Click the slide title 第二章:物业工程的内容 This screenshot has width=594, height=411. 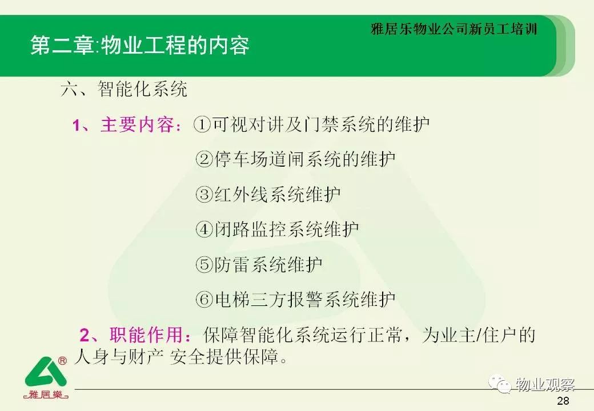point(140,46)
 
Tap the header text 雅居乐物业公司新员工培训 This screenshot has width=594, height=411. point(454,29)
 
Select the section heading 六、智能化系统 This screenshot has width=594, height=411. point(124,89)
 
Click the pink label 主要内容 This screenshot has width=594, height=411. point(137,124)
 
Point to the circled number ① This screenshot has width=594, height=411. point(202,124)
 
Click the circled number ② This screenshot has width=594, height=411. point(204,159)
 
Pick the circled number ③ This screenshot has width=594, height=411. point(204,194)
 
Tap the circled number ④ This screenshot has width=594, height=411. point(204,229)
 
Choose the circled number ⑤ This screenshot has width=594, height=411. point(204,264)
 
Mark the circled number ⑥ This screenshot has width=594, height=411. point(204,299)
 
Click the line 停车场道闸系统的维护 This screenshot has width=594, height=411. point(305,159)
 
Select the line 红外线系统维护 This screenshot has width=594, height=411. point(278,194)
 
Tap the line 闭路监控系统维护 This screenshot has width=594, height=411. point(286,229)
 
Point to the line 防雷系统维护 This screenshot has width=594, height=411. point(268,264)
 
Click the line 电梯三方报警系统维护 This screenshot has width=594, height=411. point(305,299)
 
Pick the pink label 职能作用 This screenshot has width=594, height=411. point(146,335)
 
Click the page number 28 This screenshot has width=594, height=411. point(563,401)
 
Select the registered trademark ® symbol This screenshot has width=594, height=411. point(62,361)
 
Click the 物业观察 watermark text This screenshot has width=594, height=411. point(545,385)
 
